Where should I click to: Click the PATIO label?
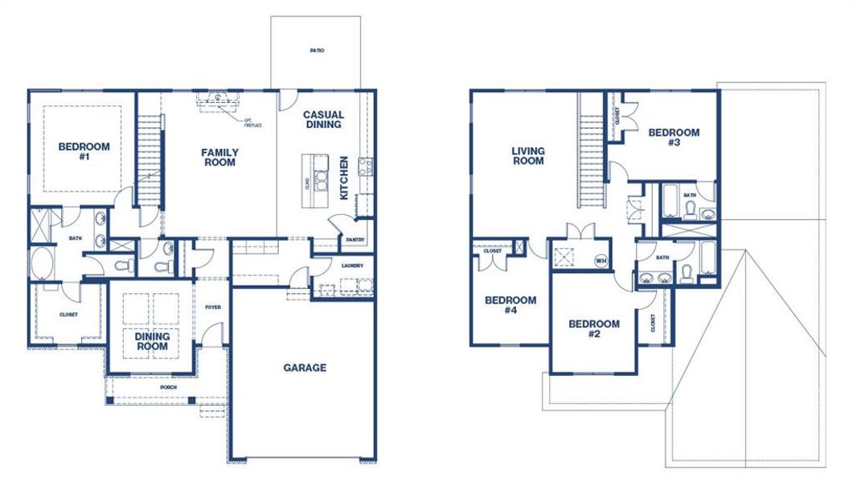coord(317,51)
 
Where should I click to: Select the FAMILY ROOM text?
coord(219,157)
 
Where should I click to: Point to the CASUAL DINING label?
coord(323,120)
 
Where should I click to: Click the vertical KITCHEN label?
coord(343,178)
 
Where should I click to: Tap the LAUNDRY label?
coord(352,266)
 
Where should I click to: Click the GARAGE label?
coord(305,368)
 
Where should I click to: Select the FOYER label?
coord(212,307)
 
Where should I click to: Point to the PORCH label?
coord(169,387)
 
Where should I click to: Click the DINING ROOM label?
coord(152,341)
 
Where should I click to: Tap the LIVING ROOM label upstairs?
coord(528,155)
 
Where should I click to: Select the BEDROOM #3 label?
coord(674,138)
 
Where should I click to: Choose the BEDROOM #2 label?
coord(594,328)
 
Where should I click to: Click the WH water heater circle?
coord(601,260)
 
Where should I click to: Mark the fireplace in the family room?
coord(219,100)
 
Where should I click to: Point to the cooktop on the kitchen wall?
coord(363,167)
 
